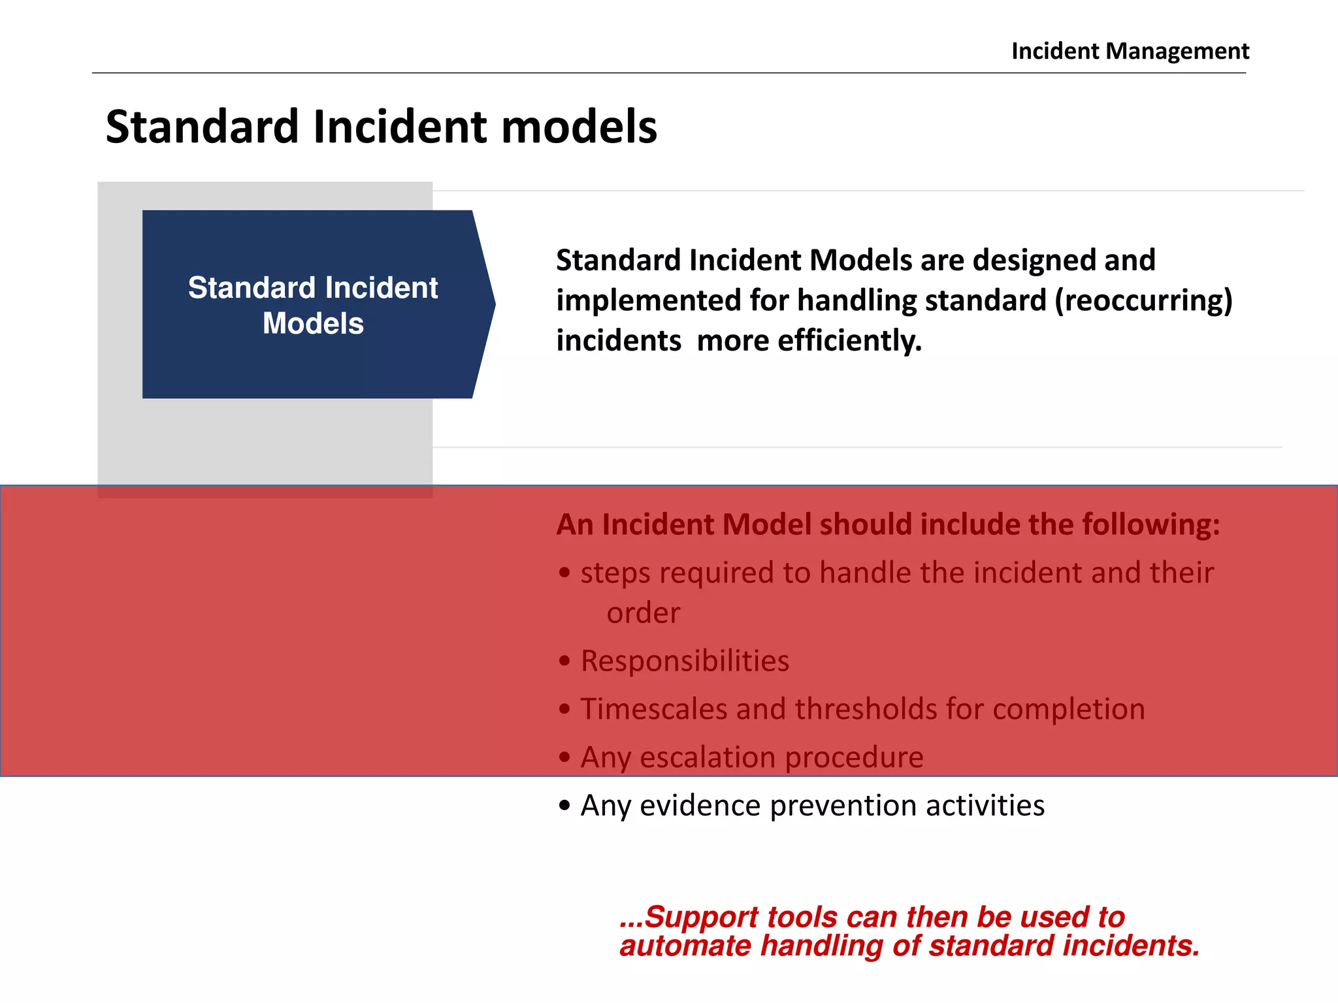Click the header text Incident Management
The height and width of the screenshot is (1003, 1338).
[x=1130, y=51]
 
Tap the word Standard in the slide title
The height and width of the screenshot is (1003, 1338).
[x=203, y=127]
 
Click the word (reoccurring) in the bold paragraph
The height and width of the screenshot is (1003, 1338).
[x=1143, y=301]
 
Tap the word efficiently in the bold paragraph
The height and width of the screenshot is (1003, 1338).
[x=849, y=341]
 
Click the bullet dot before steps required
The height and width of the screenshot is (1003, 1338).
[x=564, y=573]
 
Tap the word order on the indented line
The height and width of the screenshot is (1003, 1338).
[x=643, y=613]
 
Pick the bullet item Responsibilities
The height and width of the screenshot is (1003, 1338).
[x=685, y=661]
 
